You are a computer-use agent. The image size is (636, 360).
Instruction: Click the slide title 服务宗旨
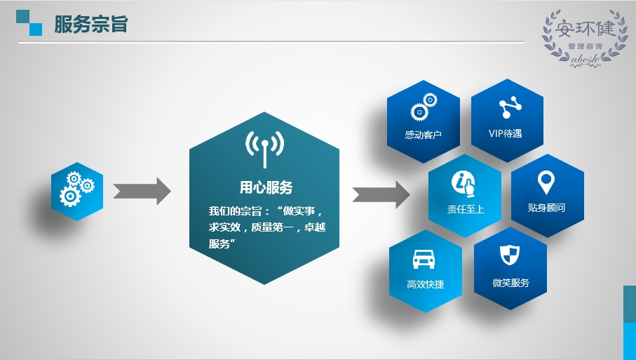click(x=91, y=25)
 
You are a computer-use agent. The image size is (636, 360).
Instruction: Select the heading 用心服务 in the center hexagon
click(x=266, y=187)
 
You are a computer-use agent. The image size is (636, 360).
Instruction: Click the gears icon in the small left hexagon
click(x=77, y=189)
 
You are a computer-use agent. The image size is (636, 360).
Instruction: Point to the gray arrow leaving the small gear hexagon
click(x=142, y=191)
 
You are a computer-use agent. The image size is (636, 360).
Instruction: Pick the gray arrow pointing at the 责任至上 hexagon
click(x=381, y=194)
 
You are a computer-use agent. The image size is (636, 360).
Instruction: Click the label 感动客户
click(x=423, y=135)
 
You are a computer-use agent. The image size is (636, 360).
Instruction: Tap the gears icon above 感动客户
click(x=424, y=107)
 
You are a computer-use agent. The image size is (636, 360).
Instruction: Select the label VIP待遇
click(x=505, y=133)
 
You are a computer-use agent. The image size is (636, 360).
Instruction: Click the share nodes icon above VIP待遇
click(x=510, y=107)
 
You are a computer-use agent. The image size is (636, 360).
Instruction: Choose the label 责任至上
click(x=466, y=209)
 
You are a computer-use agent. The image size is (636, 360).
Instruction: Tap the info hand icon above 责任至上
click(x=464, y=184)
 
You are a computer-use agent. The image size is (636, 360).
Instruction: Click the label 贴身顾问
click(x=546, y=208)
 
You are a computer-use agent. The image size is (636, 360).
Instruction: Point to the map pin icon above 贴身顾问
click(x=546, y=182)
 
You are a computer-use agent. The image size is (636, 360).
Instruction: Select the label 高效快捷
click(x=425, y=284)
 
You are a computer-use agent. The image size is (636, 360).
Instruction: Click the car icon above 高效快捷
click(x=424, y=259)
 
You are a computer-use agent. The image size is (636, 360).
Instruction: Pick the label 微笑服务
click(x=510, y=283)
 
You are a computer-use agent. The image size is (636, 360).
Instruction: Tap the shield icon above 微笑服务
click(x=510, y=255)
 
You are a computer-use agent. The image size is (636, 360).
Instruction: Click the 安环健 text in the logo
click(x=585, y=29)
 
